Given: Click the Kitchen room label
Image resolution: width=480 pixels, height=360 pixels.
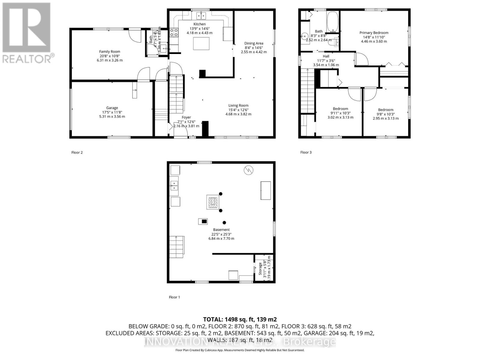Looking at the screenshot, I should tap(199, 24).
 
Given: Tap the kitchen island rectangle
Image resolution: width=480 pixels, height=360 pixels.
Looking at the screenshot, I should tap(201, 43).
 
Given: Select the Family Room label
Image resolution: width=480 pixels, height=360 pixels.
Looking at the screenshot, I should tap(109, 52).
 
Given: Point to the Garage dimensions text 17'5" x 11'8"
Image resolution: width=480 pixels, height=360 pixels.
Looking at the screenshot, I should tap(112, 112).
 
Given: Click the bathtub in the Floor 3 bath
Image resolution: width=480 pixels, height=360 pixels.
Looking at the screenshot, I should tap(332, 22).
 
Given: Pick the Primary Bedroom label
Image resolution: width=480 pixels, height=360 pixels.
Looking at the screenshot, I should tap(374, 33).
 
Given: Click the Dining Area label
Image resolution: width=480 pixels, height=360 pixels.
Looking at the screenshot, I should tap(253, 43).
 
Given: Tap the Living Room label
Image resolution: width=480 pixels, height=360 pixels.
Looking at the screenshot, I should tap(238, 105).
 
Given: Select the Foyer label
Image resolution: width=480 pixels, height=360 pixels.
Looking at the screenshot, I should tap(186, 117).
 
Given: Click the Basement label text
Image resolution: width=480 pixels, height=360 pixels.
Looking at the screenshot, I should tap(221, 229).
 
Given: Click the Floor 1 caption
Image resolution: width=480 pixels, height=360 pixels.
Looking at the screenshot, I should tap(174, 297).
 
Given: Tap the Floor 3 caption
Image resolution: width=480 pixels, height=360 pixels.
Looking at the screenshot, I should tap(306, 152).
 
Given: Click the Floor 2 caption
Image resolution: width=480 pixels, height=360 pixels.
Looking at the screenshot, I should tap(77, 152).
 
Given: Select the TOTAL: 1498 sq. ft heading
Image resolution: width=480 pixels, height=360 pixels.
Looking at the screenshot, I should tap(240, 319).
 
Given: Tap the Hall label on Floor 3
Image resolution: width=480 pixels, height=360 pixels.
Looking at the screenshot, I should tap(326, 56).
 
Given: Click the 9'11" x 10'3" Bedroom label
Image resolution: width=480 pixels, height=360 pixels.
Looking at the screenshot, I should tap(340, 109).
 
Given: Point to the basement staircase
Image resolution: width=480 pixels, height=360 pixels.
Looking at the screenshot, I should tap(177, 247).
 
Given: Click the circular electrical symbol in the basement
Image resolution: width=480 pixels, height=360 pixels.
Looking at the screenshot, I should tap(248, 170).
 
